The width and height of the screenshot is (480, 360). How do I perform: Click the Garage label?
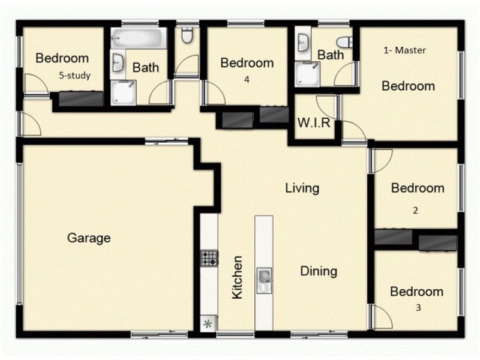pyautogui.click(x=89, y=238)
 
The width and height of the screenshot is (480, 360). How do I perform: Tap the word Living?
pyautogui.click(x=302, y=188)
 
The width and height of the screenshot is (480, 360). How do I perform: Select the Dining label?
pyautogui.click(x=319, y=271)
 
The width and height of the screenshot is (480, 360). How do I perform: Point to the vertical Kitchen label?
pyautogui.click(x=237, y=277)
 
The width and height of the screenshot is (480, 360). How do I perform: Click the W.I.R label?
pyautogui.click(x=314, y=123)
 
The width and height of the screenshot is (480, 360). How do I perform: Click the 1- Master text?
pyautogui.click(x=404, y=50)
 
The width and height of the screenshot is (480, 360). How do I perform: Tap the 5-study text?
pyautogui.click(x=74, y=76)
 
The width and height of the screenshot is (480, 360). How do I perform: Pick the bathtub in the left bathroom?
pyautogui.click(x=139, y=38)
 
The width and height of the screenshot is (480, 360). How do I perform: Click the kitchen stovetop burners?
pyautogui.click(x=209, y=258)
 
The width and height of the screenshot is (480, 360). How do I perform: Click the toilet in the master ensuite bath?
pyautogui.click(x=344, y=42)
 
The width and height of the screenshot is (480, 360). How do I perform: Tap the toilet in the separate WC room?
pyautogui.click(x=187, y=35)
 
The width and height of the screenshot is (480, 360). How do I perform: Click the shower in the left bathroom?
pyautogui.click(x=123, y=92)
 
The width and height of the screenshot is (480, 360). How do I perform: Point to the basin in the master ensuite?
pyautogui.click(x=303, y=43)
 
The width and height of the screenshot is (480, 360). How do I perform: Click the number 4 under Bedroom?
pyautogui.click(x=247, y=80)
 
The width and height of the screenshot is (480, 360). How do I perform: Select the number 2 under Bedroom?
pyautogui.click(x=415, y=211)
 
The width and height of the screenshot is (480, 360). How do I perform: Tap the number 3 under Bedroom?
pyautogui.click(x=418, y=307)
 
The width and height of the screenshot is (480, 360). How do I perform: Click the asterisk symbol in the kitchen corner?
pyautogui.click(x=208, y=324)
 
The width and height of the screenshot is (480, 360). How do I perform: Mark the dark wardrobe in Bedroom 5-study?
pyautogui.click(x=81, y=98)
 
